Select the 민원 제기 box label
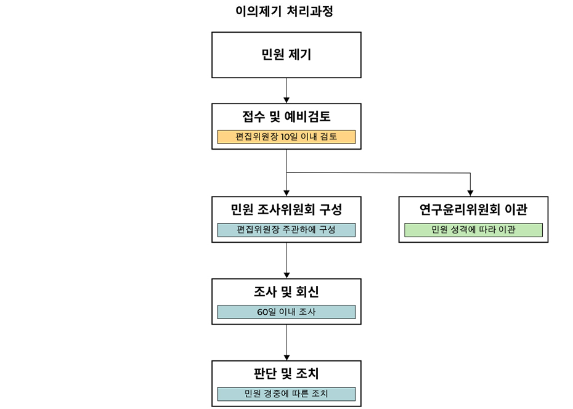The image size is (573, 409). click(286, 55)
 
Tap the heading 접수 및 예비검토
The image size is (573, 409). click(286, 116)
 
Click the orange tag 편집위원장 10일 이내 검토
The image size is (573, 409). click(286, 137)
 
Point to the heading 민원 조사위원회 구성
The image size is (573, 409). click(286, 209)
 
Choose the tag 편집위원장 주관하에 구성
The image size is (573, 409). click(286, 230)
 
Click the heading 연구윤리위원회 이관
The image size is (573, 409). click(473, 209)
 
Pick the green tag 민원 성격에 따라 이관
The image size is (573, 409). click(473, 230)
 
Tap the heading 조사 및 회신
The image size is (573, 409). click(286, 291)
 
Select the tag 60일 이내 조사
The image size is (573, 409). click(286, 312)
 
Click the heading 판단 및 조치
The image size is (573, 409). click(286, 373)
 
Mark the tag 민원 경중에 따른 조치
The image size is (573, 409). click(286, 394)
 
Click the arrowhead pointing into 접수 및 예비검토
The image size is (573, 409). click(286, 99)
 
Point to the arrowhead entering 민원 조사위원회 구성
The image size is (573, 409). click(286, 192)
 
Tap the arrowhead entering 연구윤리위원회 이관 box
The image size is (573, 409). click(470, 192)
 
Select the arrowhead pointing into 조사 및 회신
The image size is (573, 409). click(286, 274)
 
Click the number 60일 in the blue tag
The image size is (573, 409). click(267, 312)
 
